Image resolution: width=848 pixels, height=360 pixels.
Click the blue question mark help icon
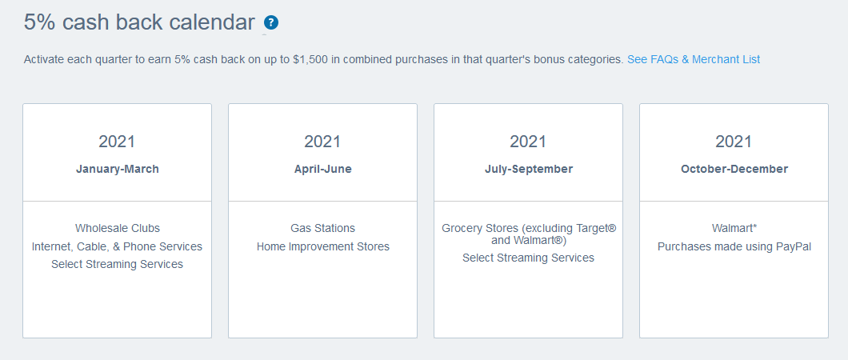pyautogui.click(x=271, y=23)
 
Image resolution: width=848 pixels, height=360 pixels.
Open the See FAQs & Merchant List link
pyautogui.click(x=694, y=59)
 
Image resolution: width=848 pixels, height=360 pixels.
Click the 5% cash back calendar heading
pyautogui.click(x=139, y=22)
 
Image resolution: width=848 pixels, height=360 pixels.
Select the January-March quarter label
pyautogui.click(x=118, y=169)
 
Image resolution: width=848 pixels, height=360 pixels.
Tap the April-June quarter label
pyautogui.click(x=322, y=169)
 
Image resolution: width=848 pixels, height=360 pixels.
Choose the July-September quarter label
pyautogui.click(x=528, y=169)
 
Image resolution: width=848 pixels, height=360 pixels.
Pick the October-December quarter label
pyautogui.click(x=734, y=169)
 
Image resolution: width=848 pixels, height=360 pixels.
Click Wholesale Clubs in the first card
pyautogui.click(x=118, y=229)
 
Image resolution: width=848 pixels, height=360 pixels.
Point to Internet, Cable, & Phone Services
pyautogui.click(x=118, y=246)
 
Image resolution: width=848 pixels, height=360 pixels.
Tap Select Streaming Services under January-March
pyautogui.click(x=118, y=264)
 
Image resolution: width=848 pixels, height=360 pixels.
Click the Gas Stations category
pyautogui.click(x=322, y=229)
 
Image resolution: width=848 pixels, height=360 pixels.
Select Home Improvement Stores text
pyautogui.click(x=322, y=246)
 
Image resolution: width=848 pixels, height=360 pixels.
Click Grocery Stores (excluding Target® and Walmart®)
pyautogui.click(x=528, y=234)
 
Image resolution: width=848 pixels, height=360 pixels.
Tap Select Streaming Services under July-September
pyautogui.click(x=528, y=258)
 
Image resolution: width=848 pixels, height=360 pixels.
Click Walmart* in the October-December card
pyautogui.click(x=734, y=229)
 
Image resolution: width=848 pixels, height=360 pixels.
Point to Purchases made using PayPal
pyautogui.click(x=734, y=246)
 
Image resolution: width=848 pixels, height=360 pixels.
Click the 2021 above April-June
pyautogui.click(x=322, y=142)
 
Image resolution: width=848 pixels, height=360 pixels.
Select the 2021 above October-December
pyautogui.click(x=734, y=142)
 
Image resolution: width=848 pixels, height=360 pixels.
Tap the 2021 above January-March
pyautogui.click(x=118, y=142)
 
